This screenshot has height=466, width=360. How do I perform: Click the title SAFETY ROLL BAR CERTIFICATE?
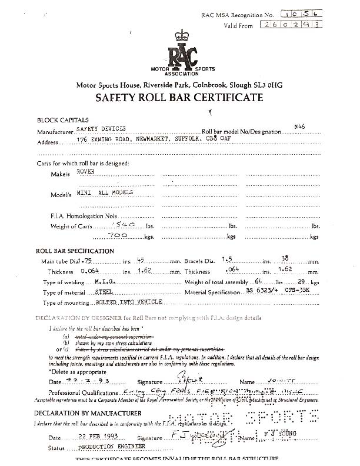[179, 98]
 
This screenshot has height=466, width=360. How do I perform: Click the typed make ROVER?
[85, 171]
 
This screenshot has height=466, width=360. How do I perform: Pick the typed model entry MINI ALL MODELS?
[105, 193]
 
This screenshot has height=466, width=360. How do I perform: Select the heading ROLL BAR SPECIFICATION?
[75, 251]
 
